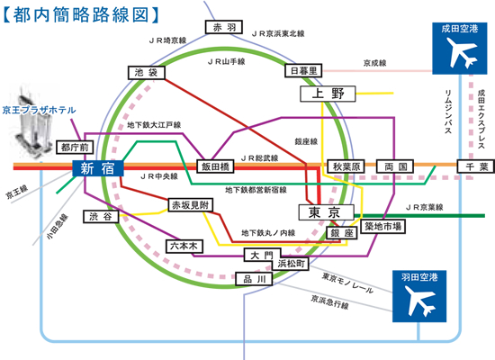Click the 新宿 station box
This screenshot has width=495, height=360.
tap(98, 168)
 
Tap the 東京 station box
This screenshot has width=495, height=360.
tap(327, 212)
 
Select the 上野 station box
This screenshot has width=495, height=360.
tap(328, 94)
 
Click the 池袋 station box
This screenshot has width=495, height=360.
tap(147, 73)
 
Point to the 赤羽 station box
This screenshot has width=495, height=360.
tap(224, 27)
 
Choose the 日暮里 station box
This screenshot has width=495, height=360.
tap(303, 71)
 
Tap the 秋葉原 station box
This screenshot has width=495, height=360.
tap(346, 166)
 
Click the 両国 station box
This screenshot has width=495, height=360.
tap(395, 166)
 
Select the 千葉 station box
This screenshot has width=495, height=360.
tap(476, 166)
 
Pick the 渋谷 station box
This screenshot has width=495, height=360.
tap(101, 217)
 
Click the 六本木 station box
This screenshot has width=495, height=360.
tap(184, 247)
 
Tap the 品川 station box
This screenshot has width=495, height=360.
tap(254, 279)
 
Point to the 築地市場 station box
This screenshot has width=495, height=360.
tap(382, 227)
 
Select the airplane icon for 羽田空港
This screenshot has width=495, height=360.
tap(420, 301)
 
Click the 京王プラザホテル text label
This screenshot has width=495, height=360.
tap(39, 110)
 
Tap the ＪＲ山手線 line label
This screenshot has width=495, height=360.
tap(226, 61)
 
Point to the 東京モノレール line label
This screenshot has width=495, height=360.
tap(347, 283)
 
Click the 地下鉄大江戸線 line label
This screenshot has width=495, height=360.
tap(154, 125)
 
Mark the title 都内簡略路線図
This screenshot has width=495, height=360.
tap(81, 14)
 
